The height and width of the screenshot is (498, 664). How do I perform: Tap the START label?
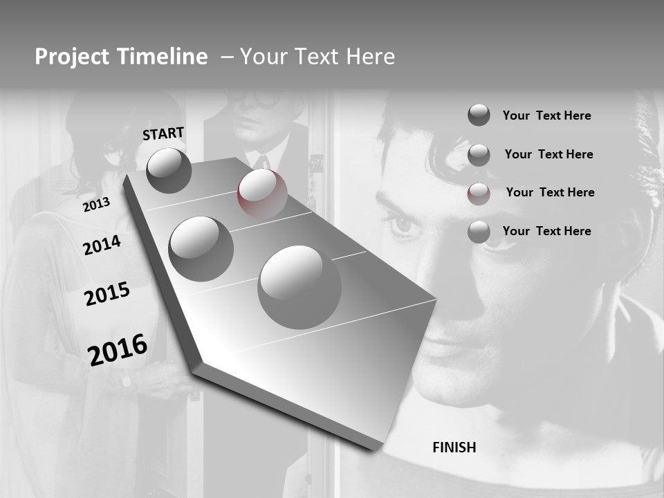pos(163,133)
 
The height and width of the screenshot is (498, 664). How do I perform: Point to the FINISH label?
pos(454,448)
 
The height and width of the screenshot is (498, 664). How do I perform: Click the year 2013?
pos(96,205)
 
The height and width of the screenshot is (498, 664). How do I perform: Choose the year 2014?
pos(102,245)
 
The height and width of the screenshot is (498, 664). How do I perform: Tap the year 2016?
pos(118,350)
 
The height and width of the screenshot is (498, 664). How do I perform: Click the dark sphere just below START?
pos(169,170)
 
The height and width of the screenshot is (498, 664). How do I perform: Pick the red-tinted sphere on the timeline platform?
pos(262,193)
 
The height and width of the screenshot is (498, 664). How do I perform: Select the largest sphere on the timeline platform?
pos(299,287)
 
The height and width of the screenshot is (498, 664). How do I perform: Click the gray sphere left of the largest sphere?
pos(201,248)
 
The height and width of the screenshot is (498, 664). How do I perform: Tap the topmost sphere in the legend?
pos(479,115)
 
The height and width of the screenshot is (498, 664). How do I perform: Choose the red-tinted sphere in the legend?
pos(479,194)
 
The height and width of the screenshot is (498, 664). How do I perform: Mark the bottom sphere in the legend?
pos(479,232)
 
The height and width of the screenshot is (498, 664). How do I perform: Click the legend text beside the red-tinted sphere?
pos(550,192)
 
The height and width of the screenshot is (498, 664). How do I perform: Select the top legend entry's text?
pos(546,116)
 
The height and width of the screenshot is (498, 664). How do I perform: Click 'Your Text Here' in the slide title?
pos(317,57)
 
